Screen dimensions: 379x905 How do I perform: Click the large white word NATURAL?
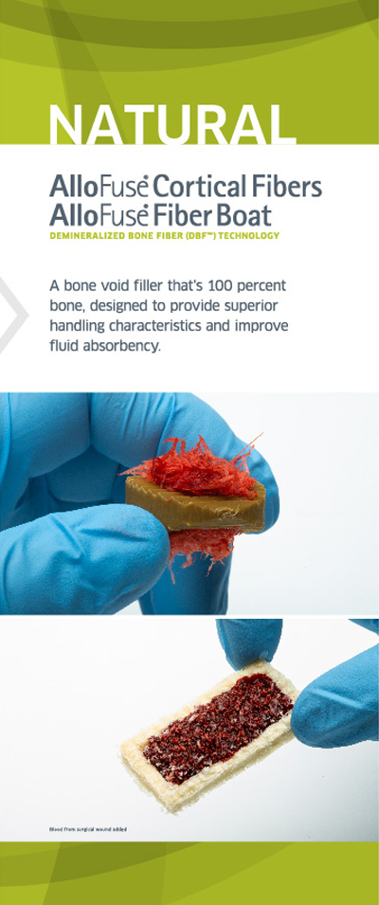[171, 124]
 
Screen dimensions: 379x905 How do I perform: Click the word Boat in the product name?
[244, 216]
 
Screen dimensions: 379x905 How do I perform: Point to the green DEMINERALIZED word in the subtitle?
[83, 235]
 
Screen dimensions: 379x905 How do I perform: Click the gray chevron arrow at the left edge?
[12, 315]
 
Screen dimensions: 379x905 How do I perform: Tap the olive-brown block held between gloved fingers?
[196, 504]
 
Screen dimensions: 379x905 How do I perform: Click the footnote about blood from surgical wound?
[88, 829]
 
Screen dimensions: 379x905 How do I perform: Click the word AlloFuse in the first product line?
[99, 188]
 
